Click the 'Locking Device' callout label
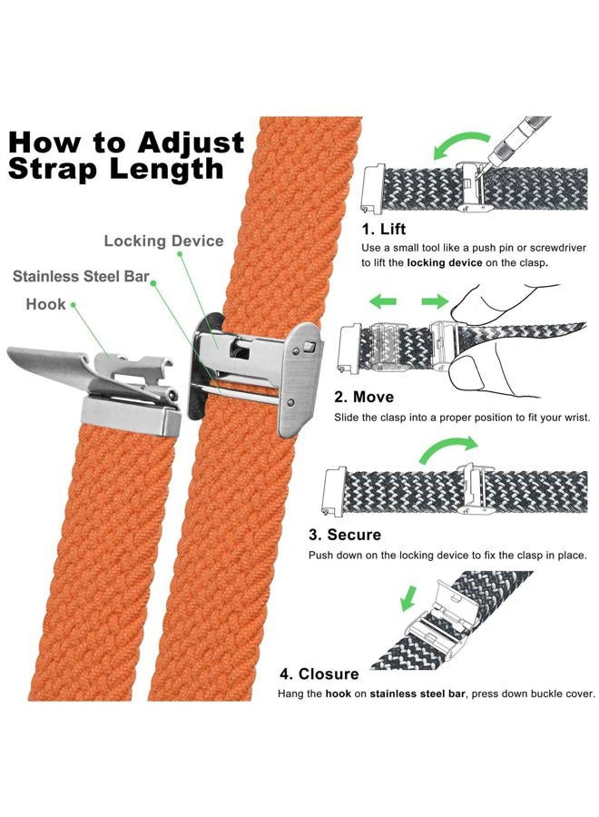coord(163,241)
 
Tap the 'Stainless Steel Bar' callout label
coord(81,276)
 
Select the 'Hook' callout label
coord(45,305)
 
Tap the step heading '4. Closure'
coord(319,674)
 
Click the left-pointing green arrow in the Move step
coord(383,300)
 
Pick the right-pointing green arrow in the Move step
coord(436,300)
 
